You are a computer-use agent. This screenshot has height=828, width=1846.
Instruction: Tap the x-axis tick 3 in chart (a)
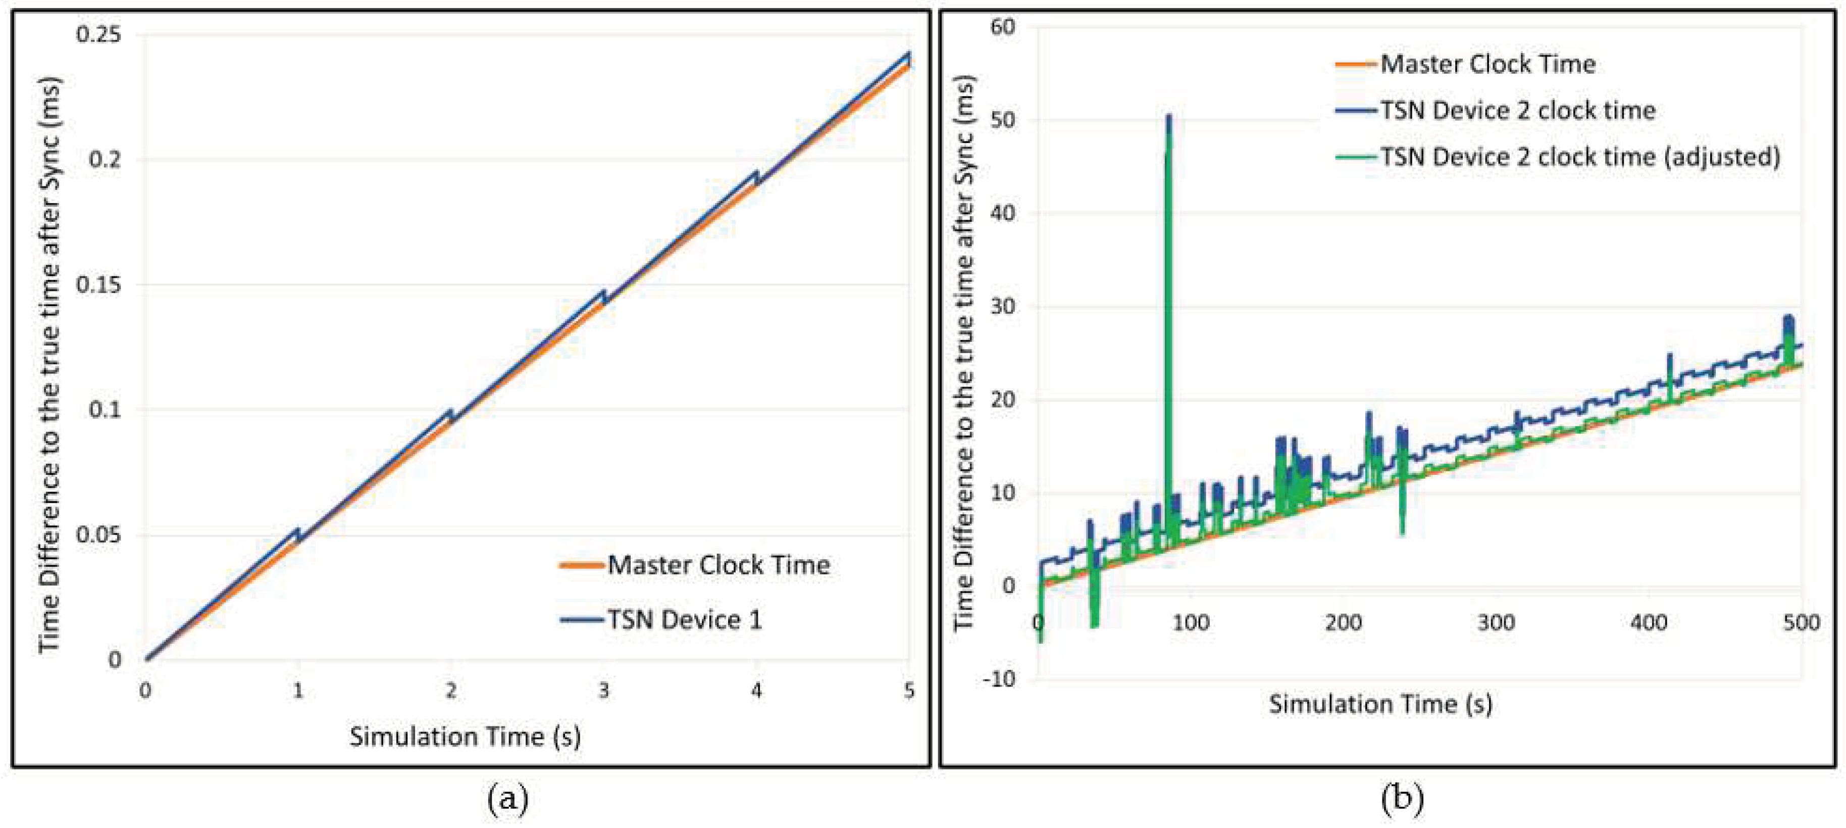pos(603,691)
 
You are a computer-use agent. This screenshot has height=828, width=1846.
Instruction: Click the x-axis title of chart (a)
pos(465,736)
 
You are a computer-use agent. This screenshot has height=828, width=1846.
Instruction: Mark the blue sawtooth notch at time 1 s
pos(298,532)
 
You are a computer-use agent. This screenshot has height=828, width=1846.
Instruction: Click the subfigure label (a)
pos(507,798)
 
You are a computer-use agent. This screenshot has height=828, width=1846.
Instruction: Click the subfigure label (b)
pos(1402,798)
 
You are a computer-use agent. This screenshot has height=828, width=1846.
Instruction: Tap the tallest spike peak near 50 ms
pos(1169,117)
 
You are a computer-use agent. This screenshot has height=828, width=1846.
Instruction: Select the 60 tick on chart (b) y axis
pos(1003,27)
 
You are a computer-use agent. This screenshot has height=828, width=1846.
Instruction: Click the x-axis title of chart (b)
pos(1380,704)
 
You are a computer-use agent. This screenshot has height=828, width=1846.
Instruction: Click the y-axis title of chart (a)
pos(49,366)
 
